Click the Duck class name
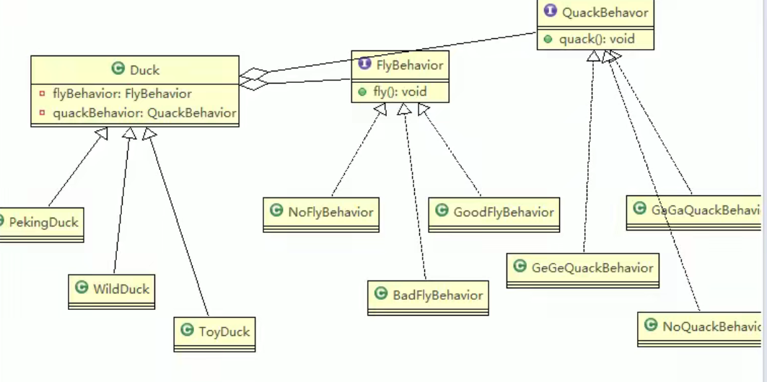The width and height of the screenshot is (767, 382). point(144,70)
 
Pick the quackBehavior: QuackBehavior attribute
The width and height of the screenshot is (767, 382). point(144,112)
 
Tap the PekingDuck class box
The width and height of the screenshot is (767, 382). point(41,221)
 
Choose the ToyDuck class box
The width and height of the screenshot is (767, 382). point(214,332)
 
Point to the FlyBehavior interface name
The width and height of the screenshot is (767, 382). point(410,66)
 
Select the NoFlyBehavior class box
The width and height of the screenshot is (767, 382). point(322,212)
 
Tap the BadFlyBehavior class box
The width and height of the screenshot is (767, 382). point(428,295)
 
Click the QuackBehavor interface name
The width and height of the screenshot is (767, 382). point(605,12)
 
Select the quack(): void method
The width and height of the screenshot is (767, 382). point(596,39)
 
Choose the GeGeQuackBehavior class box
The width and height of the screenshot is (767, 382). point(582,268)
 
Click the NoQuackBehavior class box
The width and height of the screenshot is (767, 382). point(700,326)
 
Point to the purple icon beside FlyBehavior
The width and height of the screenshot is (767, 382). point(364,65)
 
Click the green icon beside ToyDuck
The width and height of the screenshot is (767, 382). point(187,331)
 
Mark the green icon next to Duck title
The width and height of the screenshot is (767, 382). point(118,69)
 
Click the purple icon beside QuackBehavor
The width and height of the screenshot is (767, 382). point(550,12)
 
